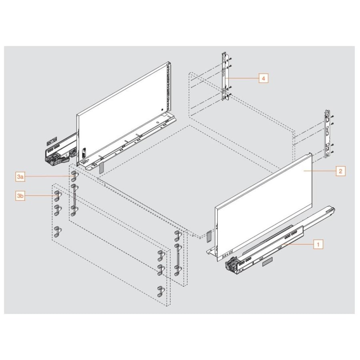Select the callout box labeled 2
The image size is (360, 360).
pyautogui.click(x=340, y=171)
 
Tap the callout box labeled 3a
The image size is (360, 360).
pyautogui.click(x=20, y=176)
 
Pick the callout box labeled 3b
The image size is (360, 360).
pyautogui.click(x=20, y=196)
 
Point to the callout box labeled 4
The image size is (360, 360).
pyautogui.click(x=263, y=78)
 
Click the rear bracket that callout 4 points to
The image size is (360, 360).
pyautogui.click(x=225, y=78)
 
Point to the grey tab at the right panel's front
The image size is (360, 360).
pyautogui.click(x=209, y=236)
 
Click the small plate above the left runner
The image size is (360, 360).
pyautogui.click(x=51, y=142)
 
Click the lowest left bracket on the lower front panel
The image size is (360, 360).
pyautogui.click(x=58, y=231)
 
